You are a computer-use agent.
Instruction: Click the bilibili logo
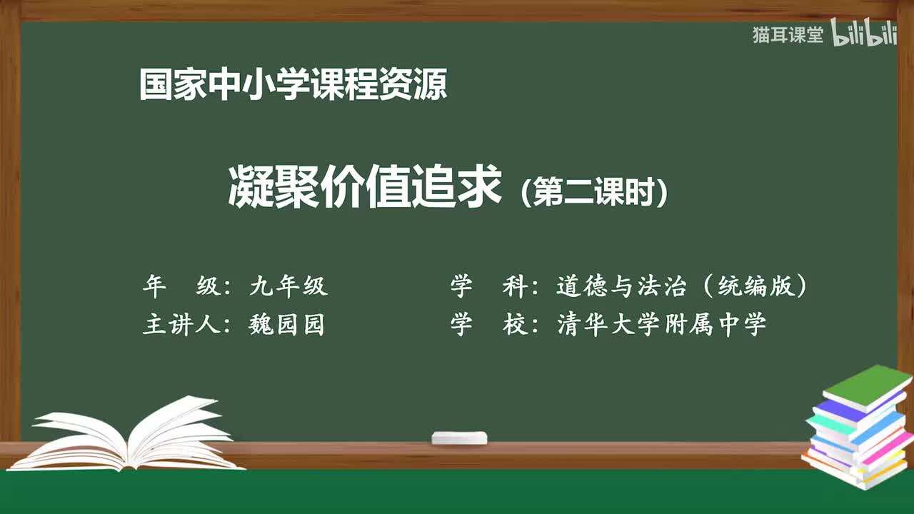click(x=864, y=35)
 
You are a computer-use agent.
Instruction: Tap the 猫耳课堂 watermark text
click(x=788, y=35)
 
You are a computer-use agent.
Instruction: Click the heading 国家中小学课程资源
click(x=293, y=85)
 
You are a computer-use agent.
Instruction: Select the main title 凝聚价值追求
click(x=365, y=188)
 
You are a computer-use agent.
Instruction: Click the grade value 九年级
click(x=288, y=286)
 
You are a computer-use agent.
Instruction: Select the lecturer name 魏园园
click(x=286, y=325)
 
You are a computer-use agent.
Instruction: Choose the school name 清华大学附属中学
click(x=661, y=325)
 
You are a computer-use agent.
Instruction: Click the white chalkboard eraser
click(x=459, y=438)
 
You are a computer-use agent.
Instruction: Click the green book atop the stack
click(x=868, y=385)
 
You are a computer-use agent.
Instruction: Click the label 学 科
click(x=489, y=286)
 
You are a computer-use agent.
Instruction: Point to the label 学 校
click(x=489, y=325)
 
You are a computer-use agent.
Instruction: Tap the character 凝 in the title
click(x=251, y=188)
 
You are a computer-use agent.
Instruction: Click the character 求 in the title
click(x=479, y=188)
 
